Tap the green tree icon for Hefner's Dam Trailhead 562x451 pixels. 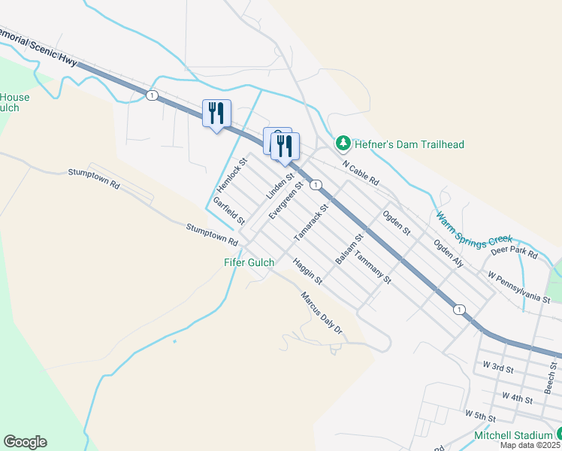[343, 143]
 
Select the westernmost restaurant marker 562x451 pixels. [216, 114]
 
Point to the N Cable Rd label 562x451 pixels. [361, 174]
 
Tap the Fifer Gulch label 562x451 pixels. [249, 262]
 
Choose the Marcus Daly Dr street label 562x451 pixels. [322, 313]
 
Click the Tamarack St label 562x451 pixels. [311, 222]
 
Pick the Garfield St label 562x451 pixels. [229, 211]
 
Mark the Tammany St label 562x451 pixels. [373, 267]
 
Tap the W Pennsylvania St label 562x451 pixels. [524, 287]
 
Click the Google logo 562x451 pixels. [25, 442]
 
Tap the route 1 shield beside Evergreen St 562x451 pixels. [316, 185]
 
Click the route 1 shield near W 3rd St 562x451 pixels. [458, 309]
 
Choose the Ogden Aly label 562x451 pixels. [448, 253]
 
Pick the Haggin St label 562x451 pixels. [307, 272]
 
